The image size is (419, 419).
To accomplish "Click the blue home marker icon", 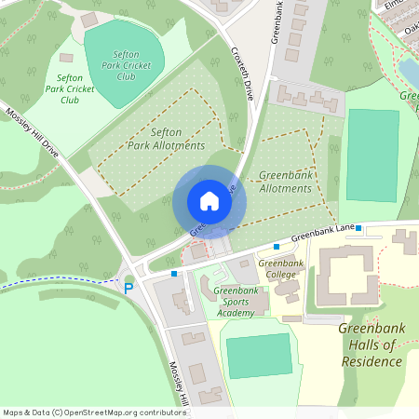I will [x=209, y=200].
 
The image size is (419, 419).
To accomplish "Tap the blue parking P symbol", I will [x=128, y=288].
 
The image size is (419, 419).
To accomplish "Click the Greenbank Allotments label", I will [x=285, y=182].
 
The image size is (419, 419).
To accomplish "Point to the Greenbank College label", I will [x=280, y=269].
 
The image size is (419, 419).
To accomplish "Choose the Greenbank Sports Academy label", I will [x=236, y=302].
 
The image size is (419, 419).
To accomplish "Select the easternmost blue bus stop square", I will [x=358, y=227].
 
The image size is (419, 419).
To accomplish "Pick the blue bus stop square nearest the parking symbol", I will [x=174, y=274].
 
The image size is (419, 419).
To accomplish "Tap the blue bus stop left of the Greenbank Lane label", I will [x=277, y=246].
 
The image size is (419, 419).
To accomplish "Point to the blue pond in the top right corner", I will [x=409, y=73].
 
